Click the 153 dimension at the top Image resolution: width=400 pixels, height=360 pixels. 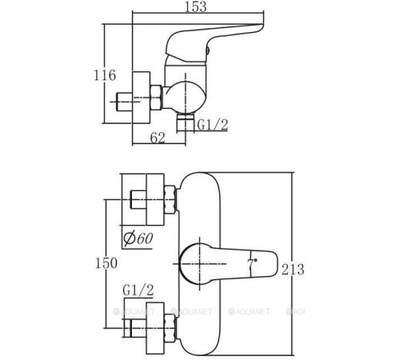click(196, 6)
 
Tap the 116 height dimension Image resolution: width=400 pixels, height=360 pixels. click(105, 75)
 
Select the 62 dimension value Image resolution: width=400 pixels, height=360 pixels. click(158, 138)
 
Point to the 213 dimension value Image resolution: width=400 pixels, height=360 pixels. click(293, 270)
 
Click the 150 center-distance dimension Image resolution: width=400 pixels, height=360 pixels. click(106, 263)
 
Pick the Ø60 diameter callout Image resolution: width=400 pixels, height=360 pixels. click(138, 238)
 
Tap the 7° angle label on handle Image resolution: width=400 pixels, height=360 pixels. click(252, 263)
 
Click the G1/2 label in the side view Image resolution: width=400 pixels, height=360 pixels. click(213, 125)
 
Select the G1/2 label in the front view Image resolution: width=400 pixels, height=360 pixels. click(138, 290)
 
